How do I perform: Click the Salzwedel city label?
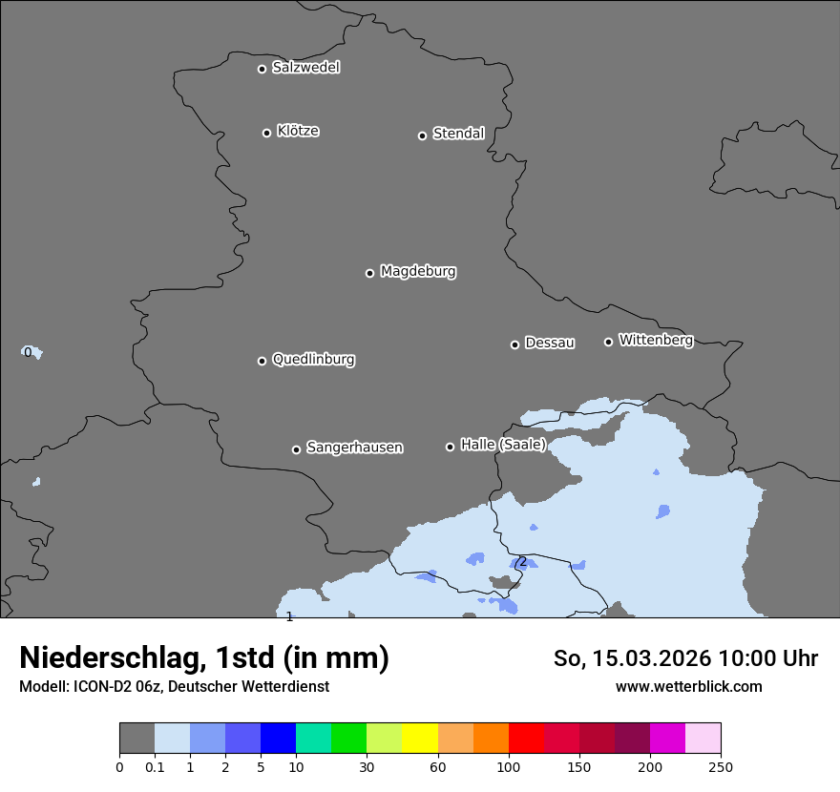305,68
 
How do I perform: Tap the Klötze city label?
298,132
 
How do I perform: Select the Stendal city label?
458,135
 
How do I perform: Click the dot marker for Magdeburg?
369,273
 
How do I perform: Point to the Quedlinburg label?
313,360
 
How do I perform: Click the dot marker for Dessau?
514,344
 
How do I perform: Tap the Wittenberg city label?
656,341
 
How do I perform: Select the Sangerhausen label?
354,448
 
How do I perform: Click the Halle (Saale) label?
503,445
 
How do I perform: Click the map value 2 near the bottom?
522,562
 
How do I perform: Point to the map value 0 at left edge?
28,352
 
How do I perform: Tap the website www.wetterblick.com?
688,687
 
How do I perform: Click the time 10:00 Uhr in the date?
767,658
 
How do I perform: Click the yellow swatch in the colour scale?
419,739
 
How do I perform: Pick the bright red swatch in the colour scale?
526,739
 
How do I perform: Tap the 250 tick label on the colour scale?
721,767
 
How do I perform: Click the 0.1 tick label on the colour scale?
155,767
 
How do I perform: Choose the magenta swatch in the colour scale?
667,739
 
